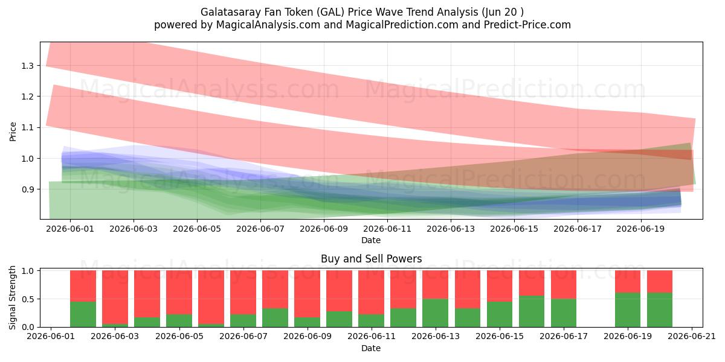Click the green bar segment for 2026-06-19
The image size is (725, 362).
click(x=628, y=310)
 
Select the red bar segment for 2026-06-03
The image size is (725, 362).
click(x=115, y=297)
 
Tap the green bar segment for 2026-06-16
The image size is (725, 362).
click(x=532, y=311)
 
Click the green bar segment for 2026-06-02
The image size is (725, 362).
click(x=83, y=314)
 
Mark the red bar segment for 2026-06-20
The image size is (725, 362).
click(x=660, y=282)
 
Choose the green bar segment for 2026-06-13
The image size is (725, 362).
click(x=436, y=313)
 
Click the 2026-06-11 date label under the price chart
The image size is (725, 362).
click(x=387, y=229)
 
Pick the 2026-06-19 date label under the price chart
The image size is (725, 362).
click(x=640, y=229)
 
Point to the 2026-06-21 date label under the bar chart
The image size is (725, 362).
click(x=692, y=337)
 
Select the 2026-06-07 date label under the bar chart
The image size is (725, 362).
click(x=243, y=337)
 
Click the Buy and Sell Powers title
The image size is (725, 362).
click(x=371, y=259)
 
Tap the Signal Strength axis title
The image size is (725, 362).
click(x=12, y=297)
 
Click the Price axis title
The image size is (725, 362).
click(x=13, y=132)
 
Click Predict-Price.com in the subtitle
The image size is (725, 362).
click(x=527, y=25)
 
